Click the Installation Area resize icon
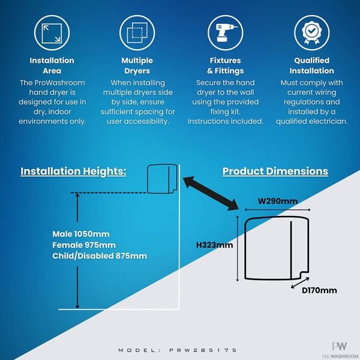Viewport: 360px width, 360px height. coord(52,33)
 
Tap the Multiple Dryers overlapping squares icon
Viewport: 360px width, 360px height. coord(137,33)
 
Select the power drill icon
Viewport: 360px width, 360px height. coord(226,33)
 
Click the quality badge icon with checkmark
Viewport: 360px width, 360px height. coord(312,33)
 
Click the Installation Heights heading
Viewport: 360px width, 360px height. coord(73,172)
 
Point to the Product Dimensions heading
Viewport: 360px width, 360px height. coord(275,171)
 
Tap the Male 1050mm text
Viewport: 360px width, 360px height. coord(81,234)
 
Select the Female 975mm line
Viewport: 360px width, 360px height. coord(84,245)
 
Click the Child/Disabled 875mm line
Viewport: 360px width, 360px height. coord(100,256)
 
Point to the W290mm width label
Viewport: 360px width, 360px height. coord(278,201)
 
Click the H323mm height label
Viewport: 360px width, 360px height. coord(214,245)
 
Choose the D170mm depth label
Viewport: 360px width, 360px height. coord(319,290)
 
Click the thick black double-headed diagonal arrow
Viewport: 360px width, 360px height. coord(211,193)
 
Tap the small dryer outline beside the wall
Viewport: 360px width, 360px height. coord(162,179)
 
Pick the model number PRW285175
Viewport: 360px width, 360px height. coord(203,350)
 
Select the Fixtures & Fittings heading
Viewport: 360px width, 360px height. coord(226,65)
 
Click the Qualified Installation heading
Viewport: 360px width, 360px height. coord(312,65)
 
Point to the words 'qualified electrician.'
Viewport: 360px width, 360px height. coord(312,121)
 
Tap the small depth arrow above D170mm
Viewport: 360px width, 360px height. coord(300,283)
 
